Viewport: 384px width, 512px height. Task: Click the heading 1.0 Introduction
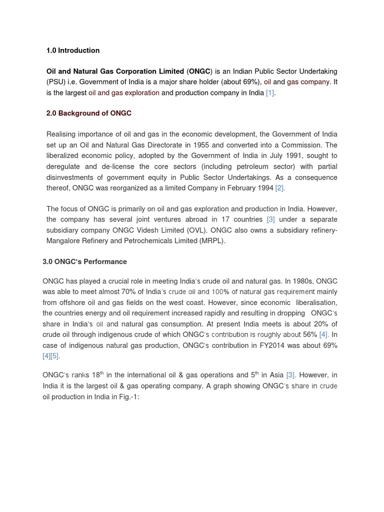[73, 50]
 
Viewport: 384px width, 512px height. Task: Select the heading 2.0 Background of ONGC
[89, 113]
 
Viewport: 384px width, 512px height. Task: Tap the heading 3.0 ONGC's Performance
[85, 261]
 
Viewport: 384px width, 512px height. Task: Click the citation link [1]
[270, 93]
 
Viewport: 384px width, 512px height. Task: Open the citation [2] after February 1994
[280, 188]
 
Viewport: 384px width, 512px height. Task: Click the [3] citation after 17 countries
[270, 219]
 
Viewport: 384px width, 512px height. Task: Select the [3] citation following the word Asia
[290, 375]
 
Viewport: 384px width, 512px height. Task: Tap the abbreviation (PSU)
[56, 82]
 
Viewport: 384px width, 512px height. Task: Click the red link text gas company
[308, 82]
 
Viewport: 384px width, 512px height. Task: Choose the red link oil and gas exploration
[124, 93]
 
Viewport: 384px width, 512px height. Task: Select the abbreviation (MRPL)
[211, 241]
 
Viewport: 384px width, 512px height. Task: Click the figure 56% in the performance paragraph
[310, 334]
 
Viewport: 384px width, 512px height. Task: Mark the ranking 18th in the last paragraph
[97, 375]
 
